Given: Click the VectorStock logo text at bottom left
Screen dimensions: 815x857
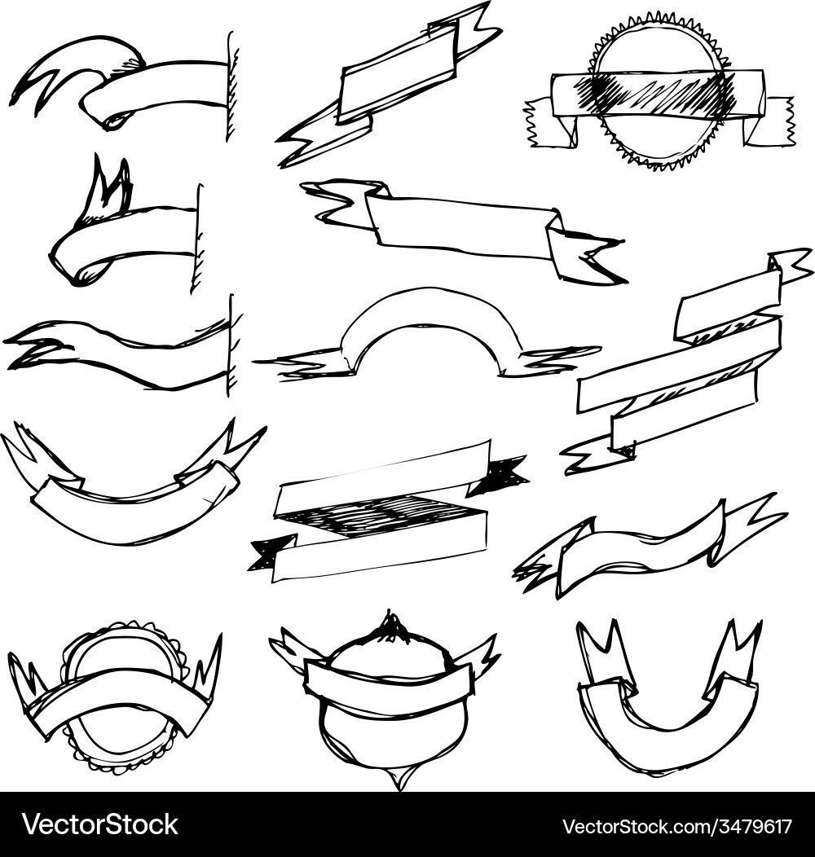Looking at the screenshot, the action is (x=99, y=824).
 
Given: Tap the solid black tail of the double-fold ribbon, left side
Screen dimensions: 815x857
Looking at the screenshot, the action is (x=271, y=553).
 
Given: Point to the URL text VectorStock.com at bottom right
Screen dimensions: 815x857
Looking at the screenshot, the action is (x=635, y=825).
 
